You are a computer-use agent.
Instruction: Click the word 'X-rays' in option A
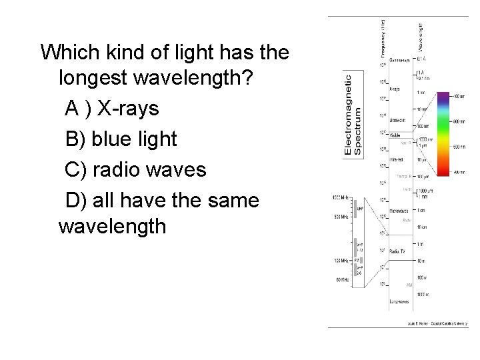tap(126, 109)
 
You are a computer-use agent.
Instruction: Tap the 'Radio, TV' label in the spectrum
tap(398, 251)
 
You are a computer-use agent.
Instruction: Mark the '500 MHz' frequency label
tap(342, 217)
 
